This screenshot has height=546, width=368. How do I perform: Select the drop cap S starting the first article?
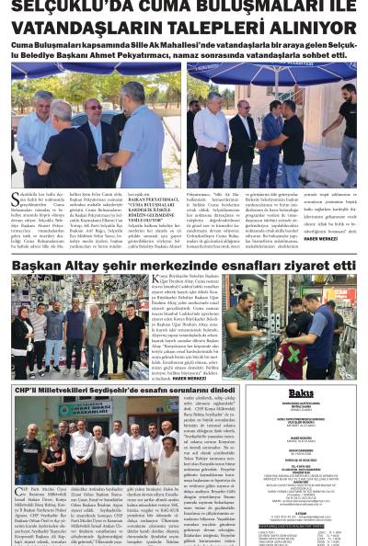[x=16, y=199]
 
